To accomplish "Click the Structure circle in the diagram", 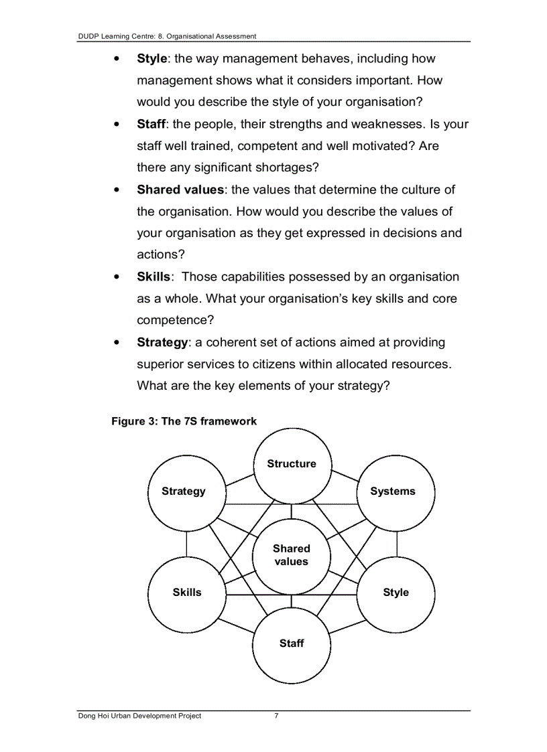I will [x=292, y=464].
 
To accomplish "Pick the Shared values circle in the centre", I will [x=292, y=555].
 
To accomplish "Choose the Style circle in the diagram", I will [x=396, y=593].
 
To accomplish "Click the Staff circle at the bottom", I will [x=292, y=644].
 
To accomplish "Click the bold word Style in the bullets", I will [x=151, y=59].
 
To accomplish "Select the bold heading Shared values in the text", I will [x=180, y=190].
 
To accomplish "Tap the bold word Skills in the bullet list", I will [x=154, y=277].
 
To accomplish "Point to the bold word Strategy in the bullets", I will [x=162, y=342].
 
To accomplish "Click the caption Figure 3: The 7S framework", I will [x=184, y=421].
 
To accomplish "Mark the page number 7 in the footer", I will [x=276, y=716].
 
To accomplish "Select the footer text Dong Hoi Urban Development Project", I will [x=139, y=716].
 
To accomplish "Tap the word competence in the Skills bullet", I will [x=171, y=320].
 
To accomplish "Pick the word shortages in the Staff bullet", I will [x=286, y=167].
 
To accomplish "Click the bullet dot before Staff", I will [x=117, y=125].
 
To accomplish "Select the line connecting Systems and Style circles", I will [x=397, y=542].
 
